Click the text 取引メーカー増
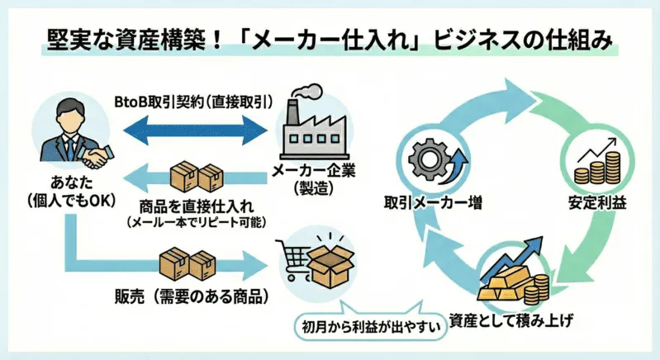[x=433, y=201]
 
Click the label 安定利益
[x=596, y=201]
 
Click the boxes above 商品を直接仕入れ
[x=197, y=177]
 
